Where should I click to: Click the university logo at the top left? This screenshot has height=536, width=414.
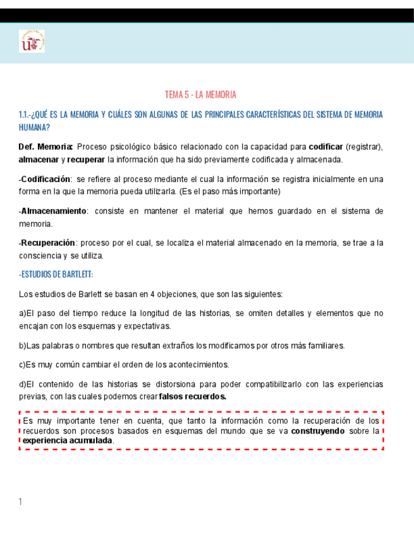pyautogui.click(x=32, y=42)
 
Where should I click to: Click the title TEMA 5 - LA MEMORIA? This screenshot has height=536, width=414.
pyautogui.click(x=200, y=95)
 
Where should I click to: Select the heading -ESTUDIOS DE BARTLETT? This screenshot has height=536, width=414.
pyautogui.click(x=56, y=274)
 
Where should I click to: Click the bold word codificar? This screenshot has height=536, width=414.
pyautogui.click(x=326, y=147)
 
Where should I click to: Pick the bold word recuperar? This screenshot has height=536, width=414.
pyautogui.click(x=86, y=159)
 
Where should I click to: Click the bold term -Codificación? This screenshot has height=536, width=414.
pyautogui.click(x=45, y=179)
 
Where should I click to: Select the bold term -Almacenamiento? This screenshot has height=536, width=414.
pyautogui.click(x=52, y=211)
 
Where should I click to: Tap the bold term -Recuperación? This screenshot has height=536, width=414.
pyautogui.click(x=47, y=243)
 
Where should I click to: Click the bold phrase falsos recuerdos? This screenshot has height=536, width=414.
pyautogui.click(x=193, y=396)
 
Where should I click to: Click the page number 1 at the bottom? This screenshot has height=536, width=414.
pyautogui.click(x=21, y=502)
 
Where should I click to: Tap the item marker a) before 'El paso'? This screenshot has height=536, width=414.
pyautogui.click(x=22, y=314)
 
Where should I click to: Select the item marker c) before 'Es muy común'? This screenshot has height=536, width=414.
pyautogui.click(x=22, y=365)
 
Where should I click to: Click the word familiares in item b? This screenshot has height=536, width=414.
pyautogui.click(x=324, y=346)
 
